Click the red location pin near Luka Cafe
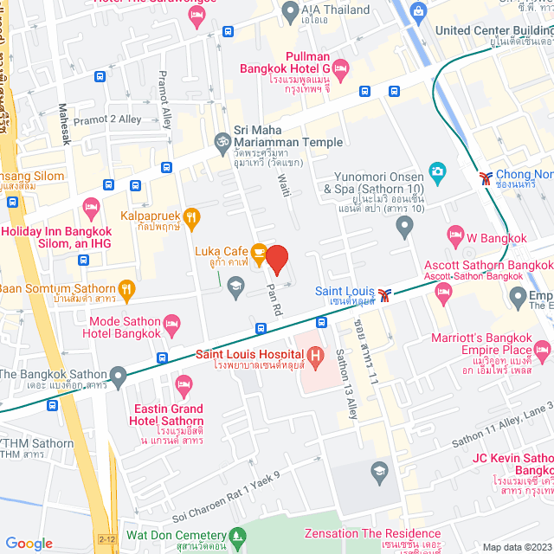pyautogui.click(x=276, y=259)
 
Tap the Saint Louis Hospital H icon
pyautogui.click(x=316, y=354)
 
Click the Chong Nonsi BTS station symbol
pyautogui.click(x=486, y=177)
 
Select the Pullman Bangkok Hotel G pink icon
pyautogui.click(x=341, y=68)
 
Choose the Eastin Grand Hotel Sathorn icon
pyautogui.click(x=184, y=383)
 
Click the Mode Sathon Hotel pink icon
pyautogui.click(x=172, y=325)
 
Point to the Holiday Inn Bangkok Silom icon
pyautogui.click(x=91, y=207)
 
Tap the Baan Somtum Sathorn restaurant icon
pyautogui.click(x=127, y=289)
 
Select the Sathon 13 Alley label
pyautogui.click(x=345, y=371)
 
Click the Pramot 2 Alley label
pyautogui.click(x=106, y=120)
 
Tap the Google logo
pyautogui.click(x=29, y=543)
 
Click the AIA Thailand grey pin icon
pyautogui.click(x=290, y=11)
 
